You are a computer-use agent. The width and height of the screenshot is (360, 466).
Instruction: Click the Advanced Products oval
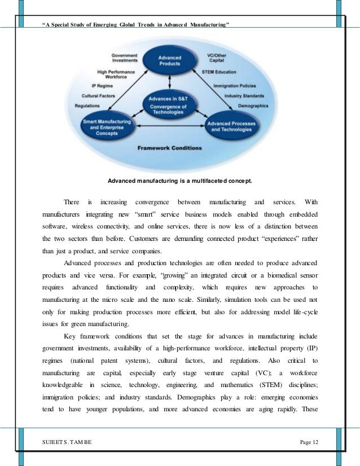pos(169,60)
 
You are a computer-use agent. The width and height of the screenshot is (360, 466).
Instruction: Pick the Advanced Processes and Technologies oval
pos(230,126)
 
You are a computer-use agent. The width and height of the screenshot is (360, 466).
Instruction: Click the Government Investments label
pos(125,58)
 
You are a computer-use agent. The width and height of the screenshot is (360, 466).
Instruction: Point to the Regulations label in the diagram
pos(87,105)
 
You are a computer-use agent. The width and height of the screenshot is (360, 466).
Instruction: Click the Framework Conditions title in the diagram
pos(169,148)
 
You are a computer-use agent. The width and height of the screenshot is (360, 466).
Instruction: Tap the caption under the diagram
pos(180,181)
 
